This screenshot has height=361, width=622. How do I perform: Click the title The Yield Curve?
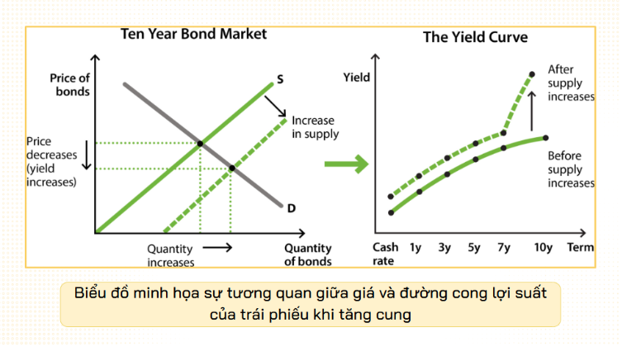pos(475,37)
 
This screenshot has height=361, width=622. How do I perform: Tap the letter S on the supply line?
pos(281,80)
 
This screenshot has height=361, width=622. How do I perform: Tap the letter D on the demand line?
pos(291,207)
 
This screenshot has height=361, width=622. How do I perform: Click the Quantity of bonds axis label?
pos(308,254)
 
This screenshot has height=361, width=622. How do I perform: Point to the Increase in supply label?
pos(315,126)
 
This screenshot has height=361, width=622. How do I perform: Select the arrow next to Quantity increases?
pos(217,247)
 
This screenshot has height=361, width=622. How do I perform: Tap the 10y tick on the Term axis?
pos(543,247)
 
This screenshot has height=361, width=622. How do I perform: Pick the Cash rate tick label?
pos(386,254)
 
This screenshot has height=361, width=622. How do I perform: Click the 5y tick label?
pos(473,247)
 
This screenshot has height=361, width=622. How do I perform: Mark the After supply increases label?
pos(571,83)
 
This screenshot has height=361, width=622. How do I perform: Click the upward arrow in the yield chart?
pos(531,106)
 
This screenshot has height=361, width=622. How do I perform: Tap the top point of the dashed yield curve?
pos(530,74)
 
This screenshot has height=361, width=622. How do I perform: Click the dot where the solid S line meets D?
pos(200,144)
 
